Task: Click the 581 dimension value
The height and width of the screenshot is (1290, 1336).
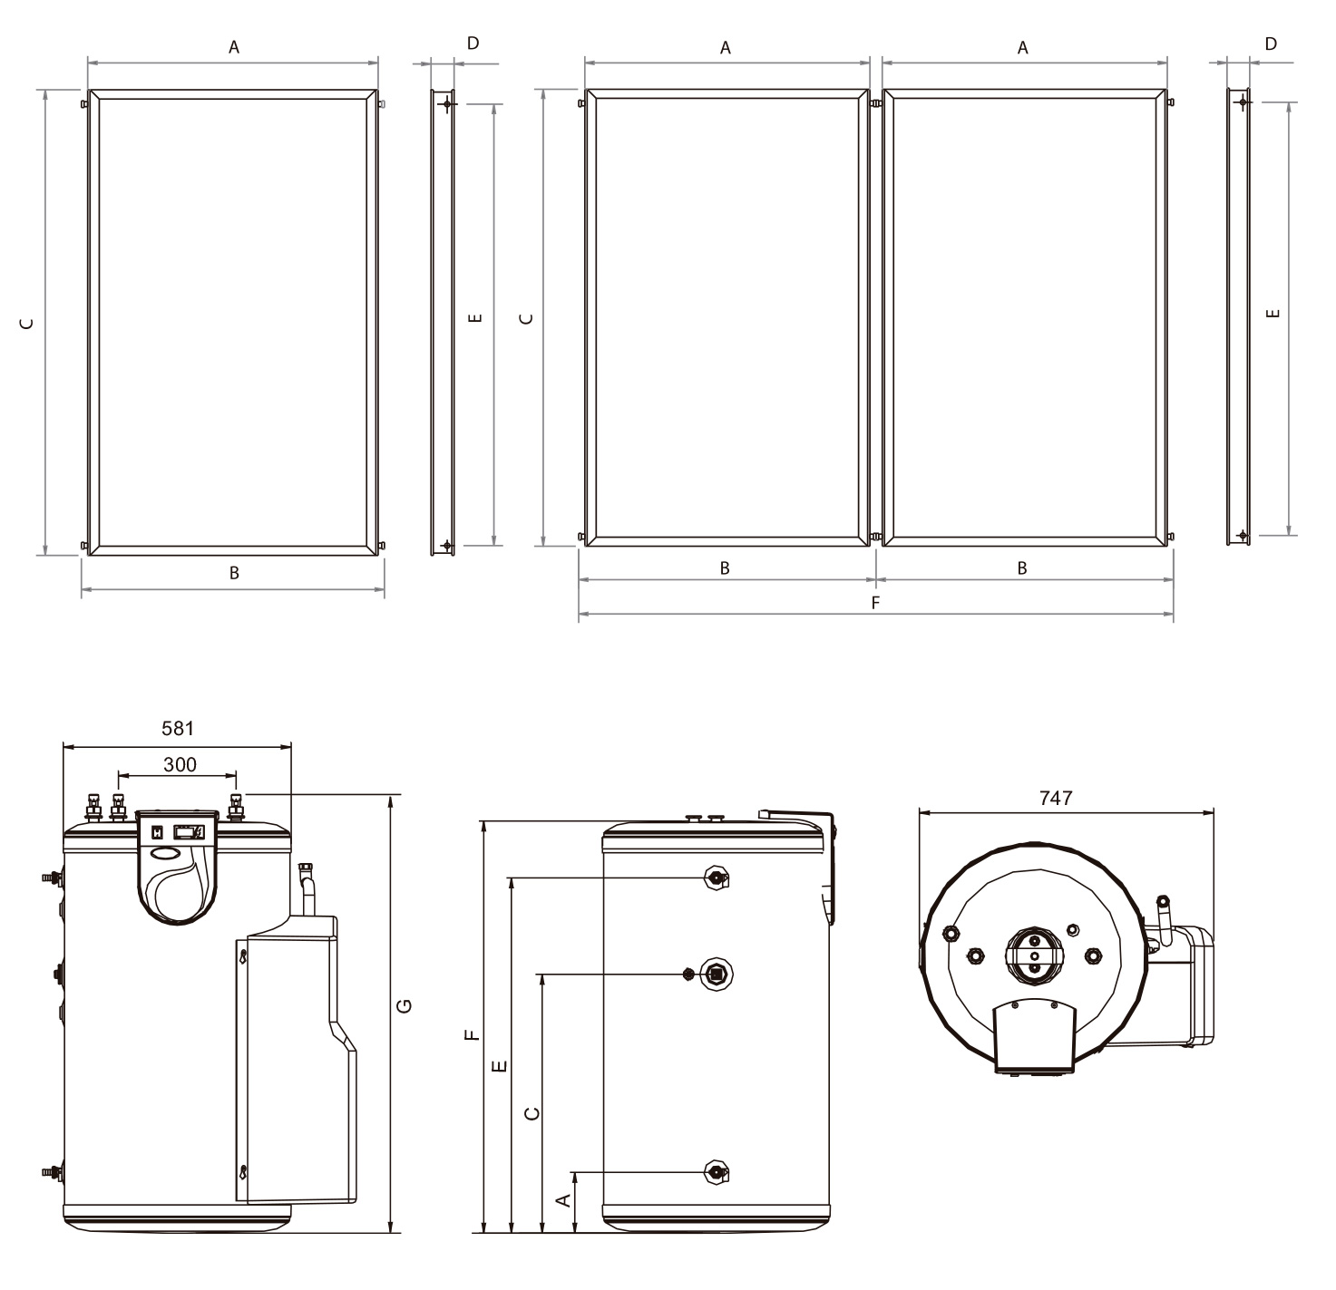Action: pyautogui.click(x=178, y=728)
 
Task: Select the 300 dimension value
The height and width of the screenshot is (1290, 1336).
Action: pyautogui.click(x=180, y=764)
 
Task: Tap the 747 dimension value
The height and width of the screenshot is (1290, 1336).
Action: pyautogui.click(x=1056, y=798)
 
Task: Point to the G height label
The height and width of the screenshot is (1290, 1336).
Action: pyautogui.click(x=405, y=1005)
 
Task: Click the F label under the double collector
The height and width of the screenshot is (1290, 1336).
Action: pyautogui.click(x=875, y=601)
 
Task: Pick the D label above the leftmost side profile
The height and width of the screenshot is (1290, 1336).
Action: pyautogui.click(x=473, y=44)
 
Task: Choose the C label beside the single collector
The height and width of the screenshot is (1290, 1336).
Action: pyautogui.click(x=28, y=323)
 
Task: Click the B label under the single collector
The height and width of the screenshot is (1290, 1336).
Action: pyautogui.click(x=234, y=573)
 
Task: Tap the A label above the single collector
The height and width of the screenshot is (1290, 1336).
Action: pyautogui.click(x=234, y=48)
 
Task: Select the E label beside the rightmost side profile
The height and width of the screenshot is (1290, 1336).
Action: pyautogui.click(x=1273, y=313)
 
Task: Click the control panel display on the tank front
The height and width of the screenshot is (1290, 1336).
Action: pyautogui.click(x=189, y=830)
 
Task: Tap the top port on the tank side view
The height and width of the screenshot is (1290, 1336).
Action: pyautogui.click(x=717, y=878)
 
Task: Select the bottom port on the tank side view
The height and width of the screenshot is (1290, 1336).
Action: pyautogui.click(x=717, y=1172)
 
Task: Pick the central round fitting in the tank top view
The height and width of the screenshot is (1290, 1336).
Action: pyautogui.click(x=1033, y=955)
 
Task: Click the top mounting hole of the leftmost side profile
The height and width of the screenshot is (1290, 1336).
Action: pyautogui.click(x=446, y=104)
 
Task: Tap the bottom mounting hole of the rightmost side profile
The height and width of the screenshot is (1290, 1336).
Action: pyautogui.click(x=1243, y=535)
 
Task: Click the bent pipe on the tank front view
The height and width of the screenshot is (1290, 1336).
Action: pyautogui.click(x=307, y=889)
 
